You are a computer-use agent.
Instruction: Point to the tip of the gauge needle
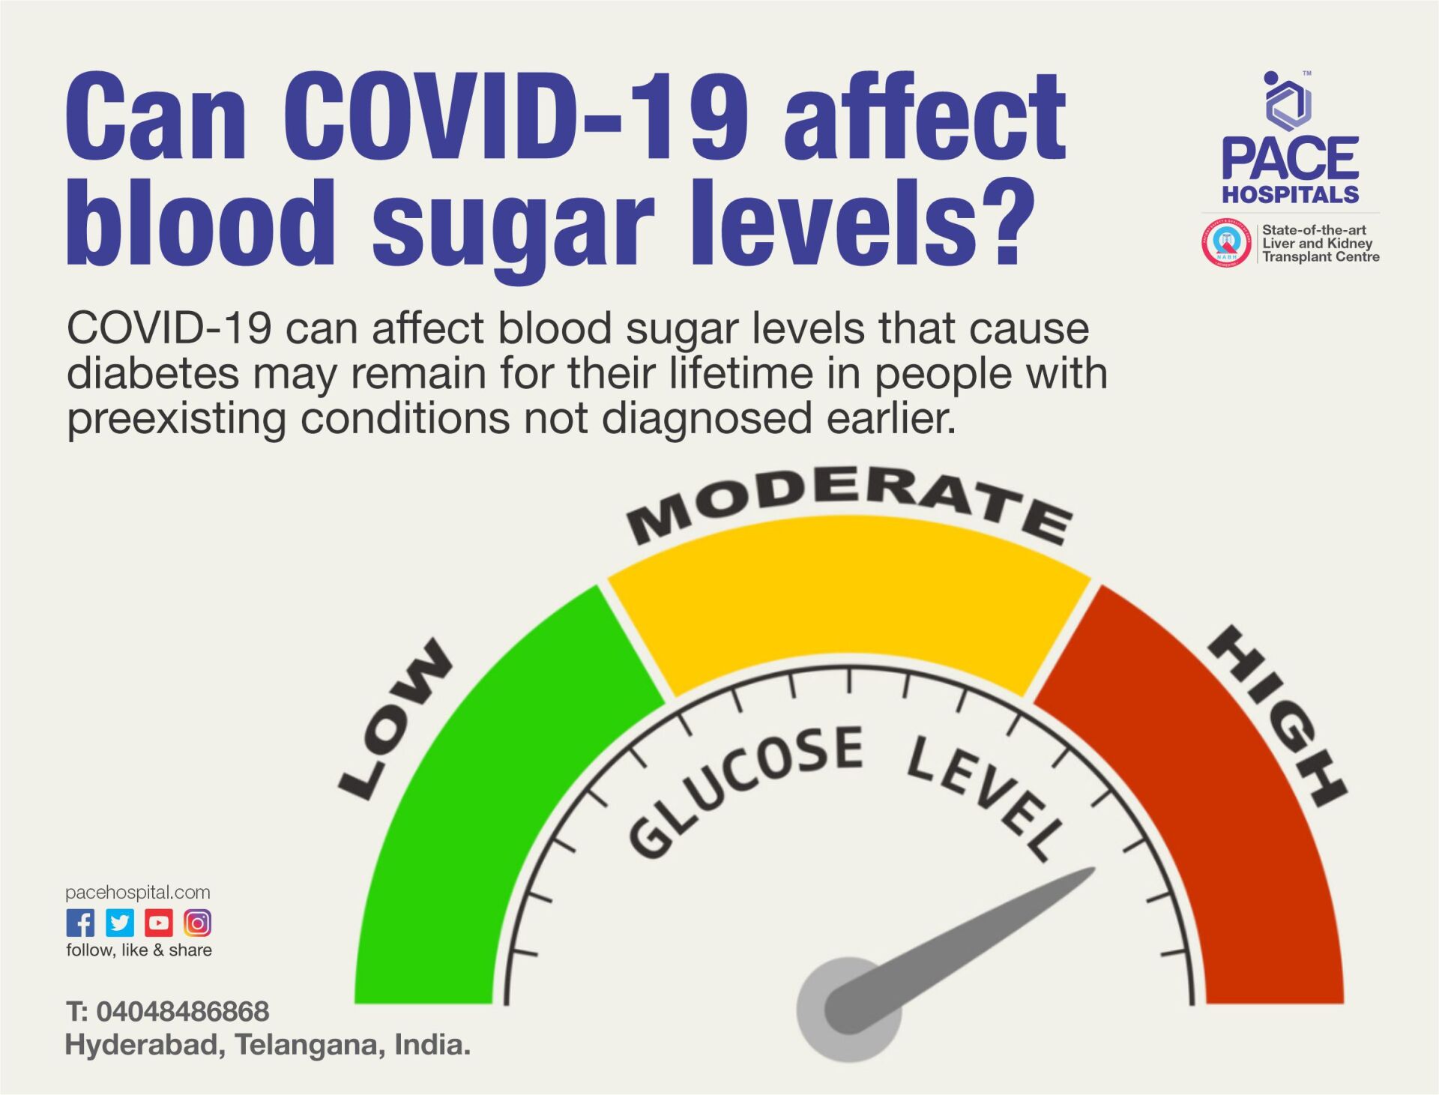point(1090,872)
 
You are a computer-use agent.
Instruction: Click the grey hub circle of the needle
point(847,1008)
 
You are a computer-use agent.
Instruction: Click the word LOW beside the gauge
point(396,718)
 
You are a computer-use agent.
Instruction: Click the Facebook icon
point(80,923)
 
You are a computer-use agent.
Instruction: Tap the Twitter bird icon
point(120,923)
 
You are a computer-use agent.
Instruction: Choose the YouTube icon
point(159,923)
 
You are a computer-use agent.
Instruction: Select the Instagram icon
point(197,923)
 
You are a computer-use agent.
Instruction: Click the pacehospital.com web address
point(138,892)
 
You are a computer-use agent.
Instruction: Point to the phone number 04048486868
point(182,1011)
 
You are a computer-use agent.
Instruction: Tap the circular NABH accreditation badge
point(1226,243)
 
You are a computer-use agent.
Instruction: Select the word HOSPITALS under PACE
point(1291,194)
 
